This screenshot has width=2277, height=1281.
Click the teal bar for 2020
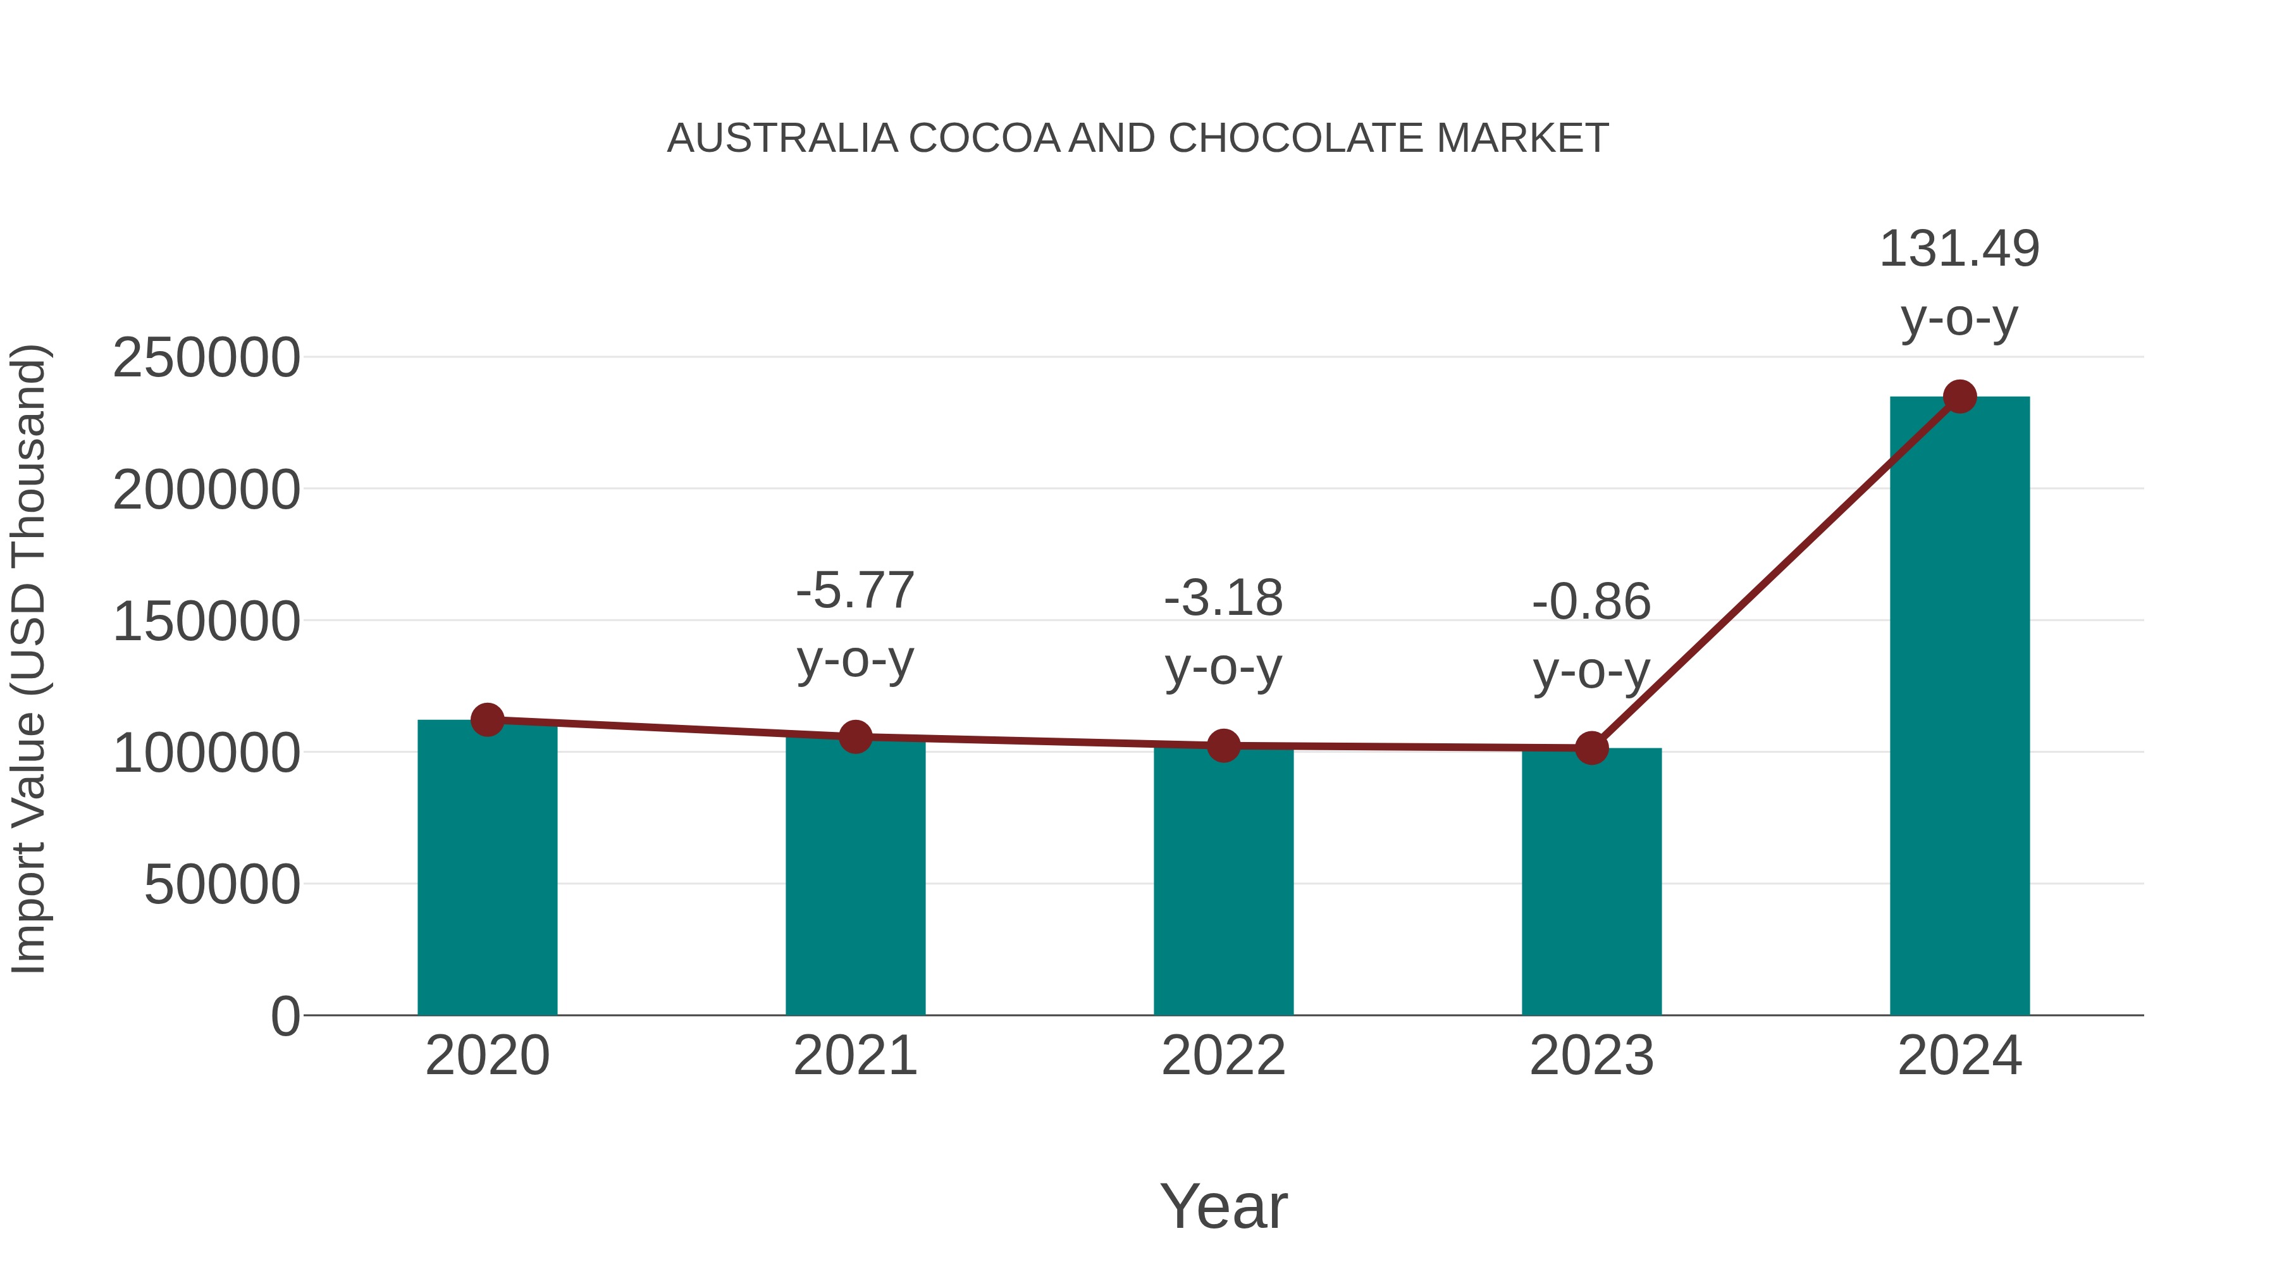pos(487,871)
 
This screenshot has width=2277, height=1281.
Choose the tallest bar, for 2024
pos(1959,707)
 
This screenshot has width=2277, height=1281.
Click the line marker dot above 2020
pos(487,720)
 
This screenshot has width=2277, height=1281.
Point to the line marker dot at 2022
pos(1223,746)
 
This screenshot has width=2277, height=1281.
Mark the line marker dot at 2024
pos(1959,397)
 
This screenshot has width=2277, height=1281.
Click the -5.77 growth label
pos(855,591)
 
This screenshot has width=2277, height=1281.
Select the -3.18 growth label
pos(1223,598)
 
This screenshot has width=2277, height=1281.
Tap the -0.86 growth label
pos(1591,602)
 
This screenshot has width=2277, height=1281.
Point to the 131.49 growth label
pos(1959,249)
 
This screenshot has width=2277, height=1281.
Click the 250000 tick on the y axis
pos(206,358)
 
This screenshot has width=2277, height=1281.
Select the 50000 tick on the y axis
pos(222,884)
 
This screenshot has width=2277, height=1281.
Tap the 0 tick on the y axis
pos(285,1016)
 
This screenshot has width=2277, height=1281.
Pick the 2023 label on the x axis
pos(1591,1056)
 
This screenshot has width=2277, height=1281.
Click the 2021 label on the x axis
pos(855,1056)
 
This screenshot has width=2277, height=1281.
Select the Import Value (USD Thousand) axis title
pos(28,659)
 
